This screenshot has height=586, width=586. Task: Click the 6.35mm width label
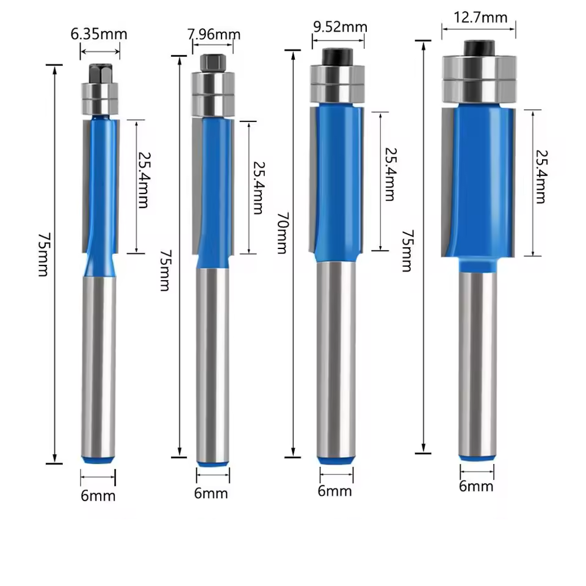point(99,34)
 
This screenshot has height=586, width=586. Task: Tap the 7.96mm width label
point(214,34)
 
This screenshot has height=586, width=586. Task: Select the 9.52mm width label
point(340,27)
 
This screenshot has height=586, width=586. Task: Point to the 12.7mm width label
point(480,18)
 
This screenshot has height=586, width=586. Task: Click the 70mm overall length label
point(283,233)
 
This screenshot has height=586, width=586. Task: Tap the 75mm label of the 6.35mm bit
point(43,255)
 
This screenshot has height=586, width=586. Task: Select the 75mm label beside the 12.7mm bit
point(407,251)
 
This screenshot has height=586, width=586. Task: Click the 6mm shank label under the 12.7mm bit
point(476,487)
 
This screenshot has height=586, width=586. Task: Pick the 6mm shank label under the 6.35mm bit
point(98,496)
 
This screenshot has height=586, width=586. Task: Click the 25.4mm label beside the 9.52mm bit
point(390,175)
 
